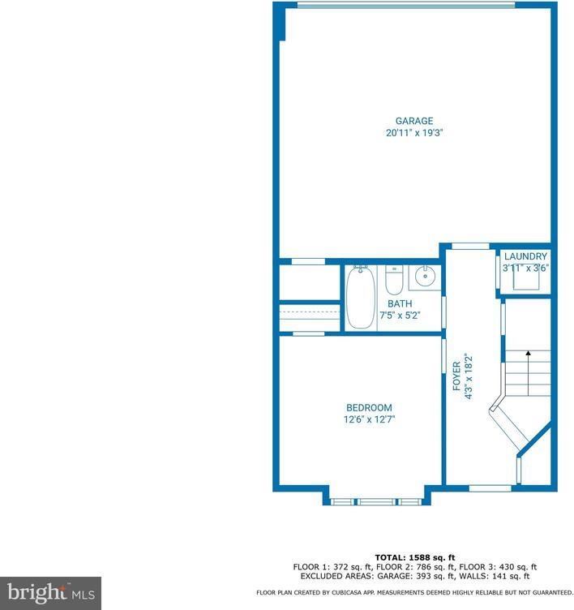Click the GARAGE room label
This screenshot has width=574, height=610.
[x=414, y=122]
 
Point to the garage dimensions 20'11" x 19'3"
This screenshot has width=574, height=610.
[x=414, y=133]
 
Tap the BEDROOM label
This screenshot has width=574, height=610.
[x=369, y=408]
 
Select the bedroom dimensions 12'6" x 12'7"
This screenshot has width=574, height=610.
[x=369, y=419]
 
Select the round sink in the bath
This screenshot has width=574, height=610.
[x=423, y=278]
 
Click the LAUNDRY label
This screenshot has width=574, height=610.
[x=525, y=257]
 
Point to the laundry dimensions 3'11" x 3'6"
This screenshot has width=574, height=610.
[x=525, y=268]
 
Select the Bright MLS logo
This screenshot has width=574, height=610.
[x=50, y=593]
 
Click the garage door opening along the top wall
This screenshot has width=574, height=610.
[x=405, y=5]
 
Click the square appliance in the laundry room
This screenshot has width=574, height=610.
[x=525, y=280]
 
